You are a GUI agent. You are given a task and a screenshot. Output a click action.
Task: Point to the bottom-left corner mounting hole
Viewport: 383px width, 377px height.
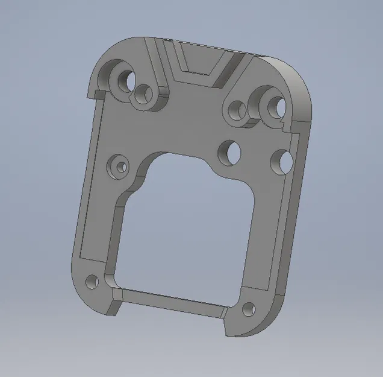(x=92, y=281)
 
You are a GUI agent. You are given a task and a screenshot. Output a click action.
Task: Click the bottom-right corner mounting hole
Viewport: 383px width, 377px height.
(x=248, y=309)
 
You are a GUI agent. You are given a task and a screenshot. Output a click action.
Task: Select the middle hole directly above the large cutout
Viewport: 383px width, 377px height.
(x=229, y=151)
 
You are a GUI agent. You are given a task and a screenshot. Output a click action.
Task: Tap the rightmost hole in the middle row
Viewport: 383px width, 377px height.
(x=282, y=161)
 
